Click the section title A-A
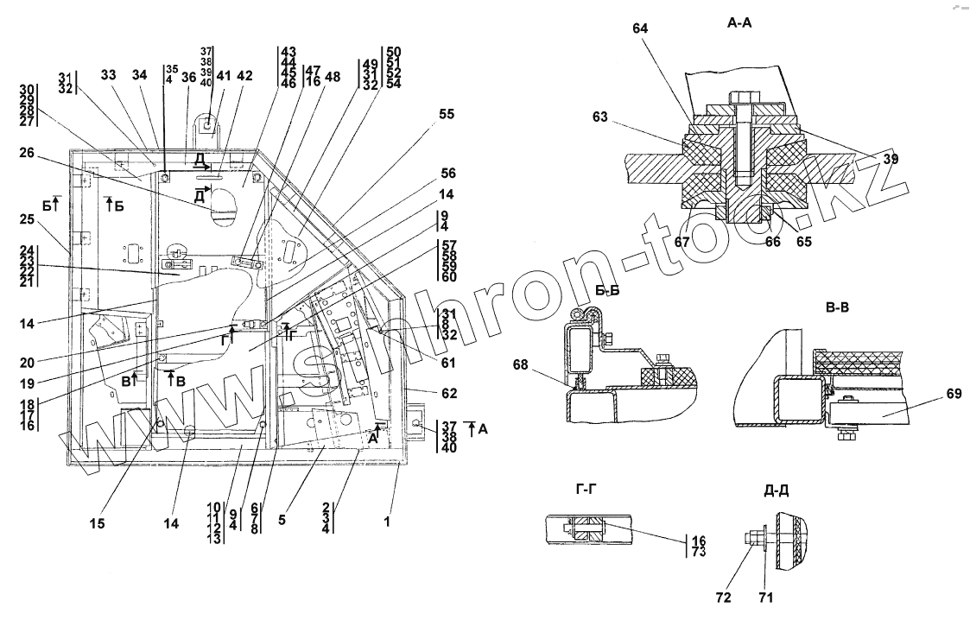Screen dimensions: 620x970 coord(739,24)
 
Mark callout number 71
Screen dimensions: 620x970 coord(764,596)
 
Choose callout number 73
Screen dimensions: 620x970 coord(699,553)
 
